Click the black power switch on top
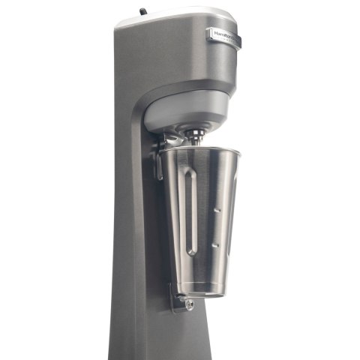[142, 12]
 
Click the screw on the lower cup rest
[188, 304]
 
